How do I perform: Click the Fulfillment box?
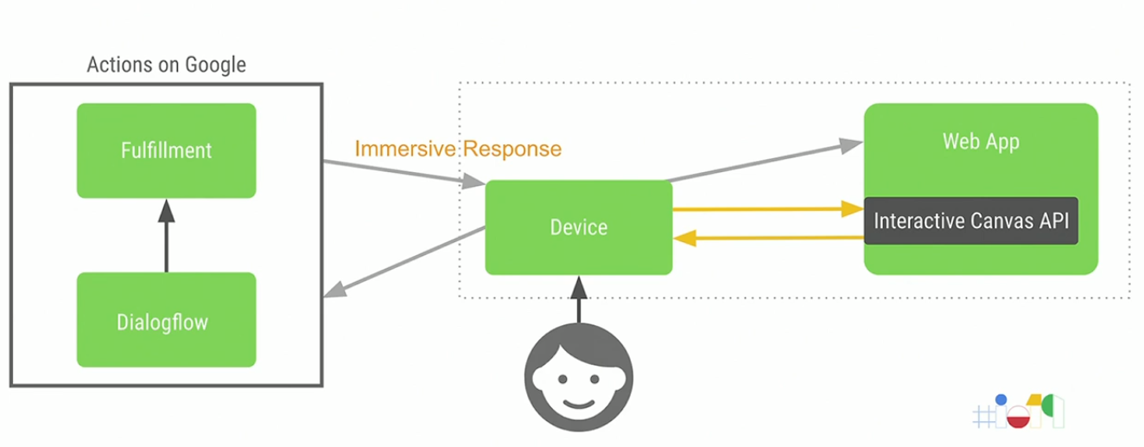click(166, 150)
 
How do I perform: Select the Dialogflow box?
click(166, 322)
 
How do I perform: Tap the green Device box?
click(578, 227)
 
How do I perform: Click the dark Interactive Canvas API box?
click(970, 220)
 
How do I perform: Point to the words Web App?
click(981, 141)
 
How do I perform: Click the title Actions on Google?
click(166, 65)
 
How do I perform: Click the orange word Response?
click(512, 149)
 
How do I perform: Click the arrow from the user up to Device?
click(578, 300)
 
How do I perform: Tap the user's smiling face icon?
click(578, 378)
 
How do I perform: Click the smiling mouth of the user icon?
click(578, 402)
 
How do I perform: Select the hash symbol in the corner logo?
click(984, 417)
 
